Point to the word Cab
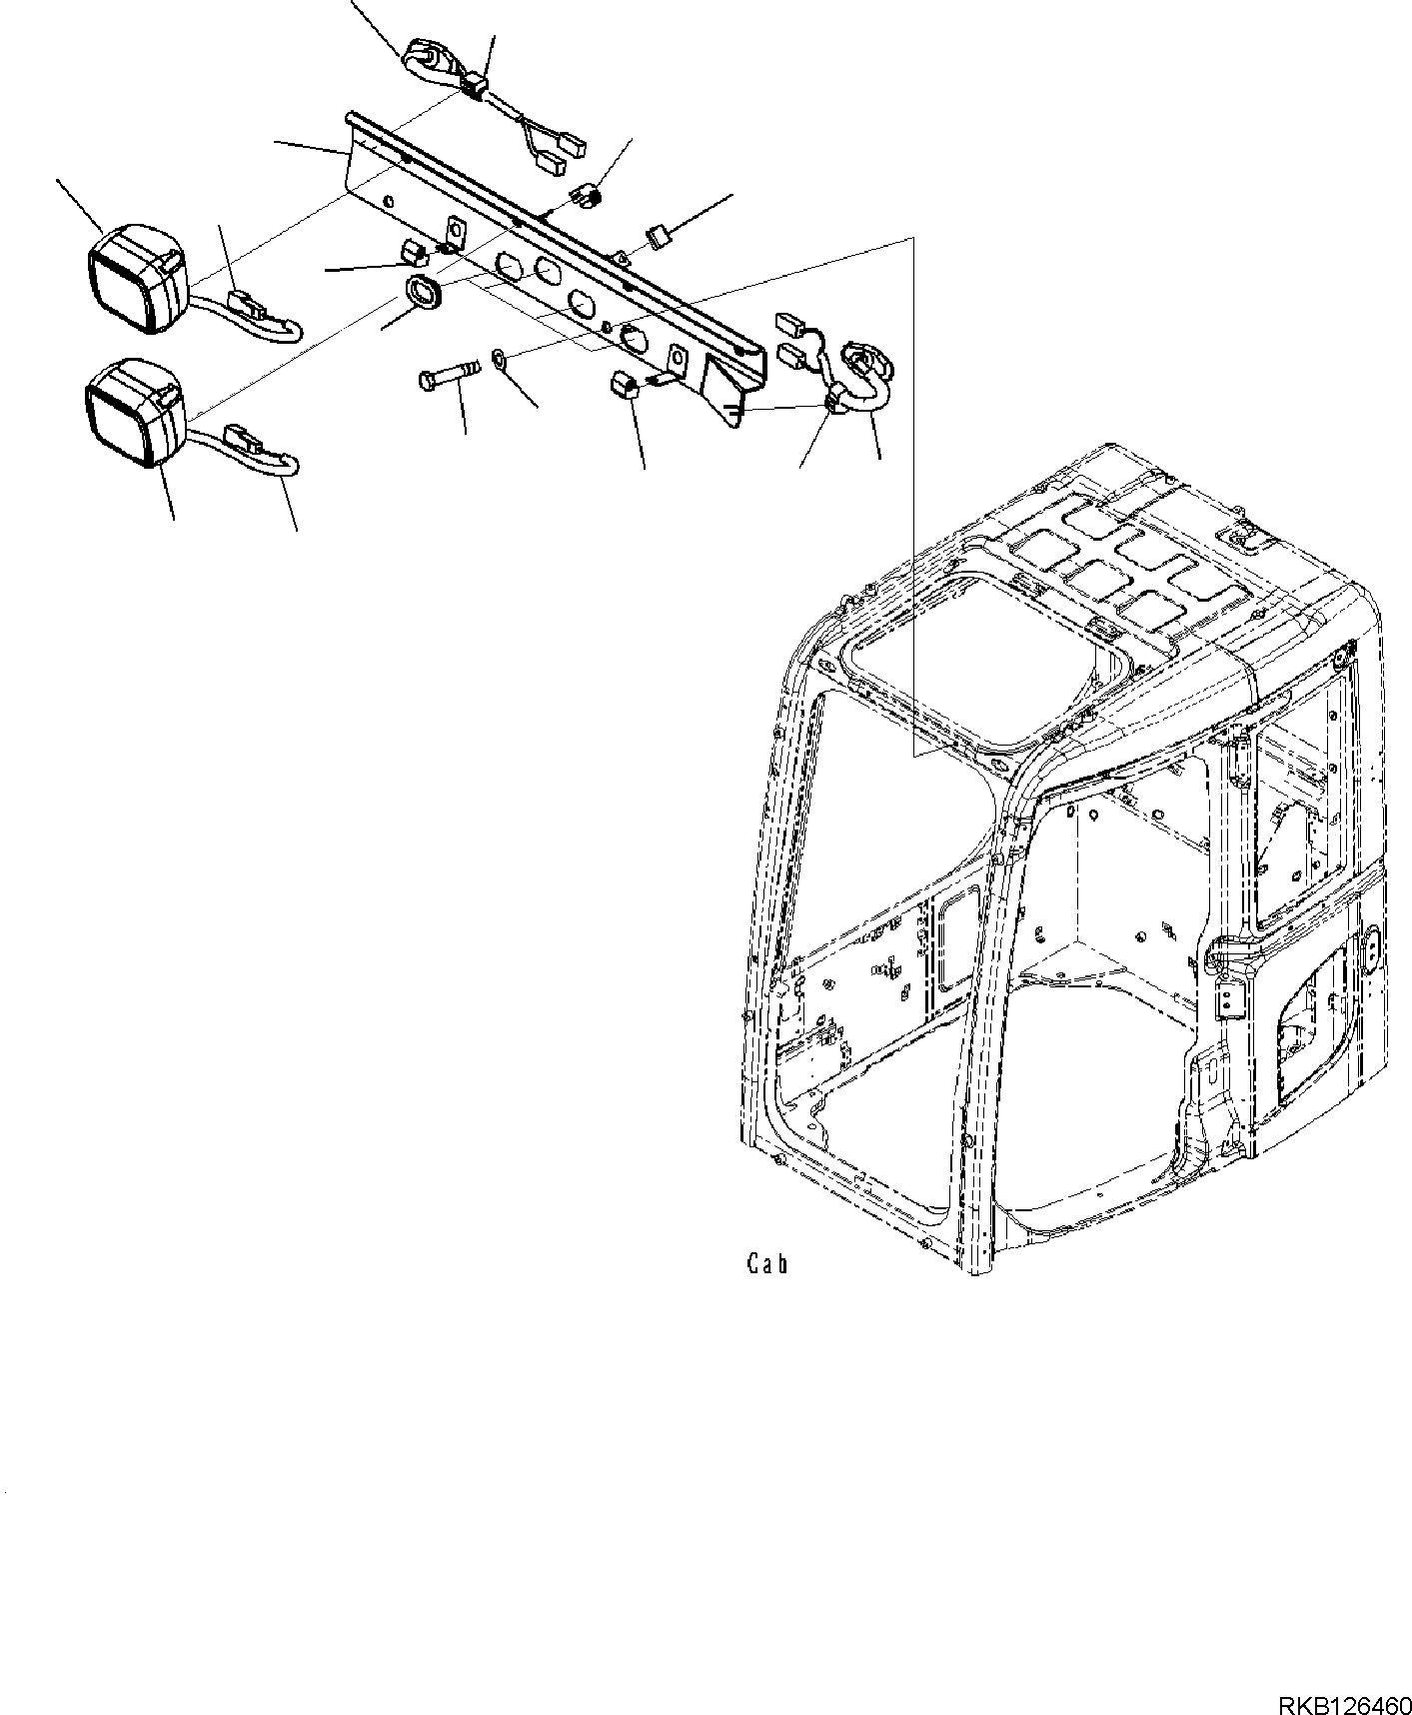click(x=767, y=1264)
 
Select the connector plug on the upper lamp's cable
click(x=245, y=300)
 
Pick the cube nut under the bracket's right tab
click(x=624, y=384)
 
